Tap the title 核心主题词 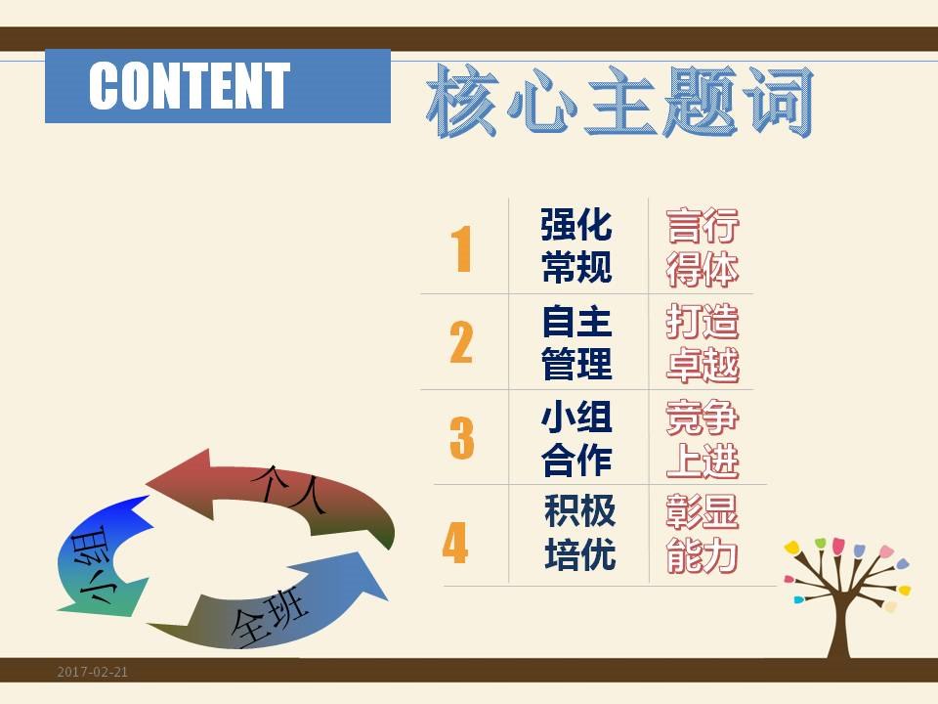point(619,102)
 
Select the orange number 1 point(461,249)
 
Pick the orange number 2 point(461,342)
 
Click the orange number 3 point(462,438)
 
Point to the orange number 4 point(455,542)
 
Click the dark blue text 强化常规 point(576,245)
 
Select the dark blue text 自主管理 point(576,342)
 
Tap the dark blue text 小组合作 point(576,439)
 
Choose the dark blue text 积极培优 point(580,532)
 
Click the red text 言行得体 point(703,247)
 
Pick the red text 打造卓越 point(703,343)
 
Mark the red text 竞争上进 point(703,439)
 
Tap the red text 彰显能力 point(703,534)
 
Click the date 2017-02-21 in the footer point(93,672)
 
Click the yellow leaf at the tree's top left point(792,548)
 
